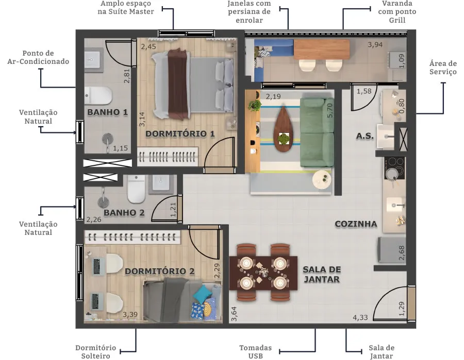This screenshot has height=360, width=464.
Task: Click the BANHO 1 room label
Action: coord(107,112)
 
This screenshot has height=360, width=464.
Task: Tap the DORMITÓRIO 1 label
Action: coord(180,134)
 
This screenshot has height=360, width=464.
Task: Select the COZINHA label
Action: coord(356,224)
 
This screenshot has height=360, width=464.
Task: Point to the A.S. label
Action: coord(364,136)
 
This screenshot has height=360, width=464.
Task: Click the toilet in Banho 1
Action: coord(98,95)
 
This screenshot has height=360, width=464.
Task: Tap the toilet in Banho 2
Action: coord(137,188)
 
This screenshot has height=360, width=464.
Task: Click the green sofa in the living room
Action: coord(317,132)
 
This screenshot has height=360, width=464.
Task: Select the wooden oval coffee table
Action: coord(284,129)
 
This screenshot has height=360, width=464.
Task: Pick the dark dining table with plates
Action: coord(263,273)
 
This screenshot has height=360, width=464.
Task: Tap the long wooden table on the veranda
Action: coord(322,49)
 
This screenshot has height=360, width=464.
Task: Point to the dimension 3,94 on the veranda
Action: coord(375,45)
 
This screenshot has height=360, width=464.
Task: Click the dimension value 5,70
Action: coord(330,110)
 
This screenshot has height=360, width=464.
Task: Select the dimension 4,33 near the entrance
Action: coord(360,318)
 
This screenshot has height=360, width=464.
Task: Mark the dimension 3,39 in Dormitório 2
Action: coord(130,314)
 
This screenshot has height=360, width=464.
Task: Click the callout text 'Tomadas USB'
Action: coord(255,352)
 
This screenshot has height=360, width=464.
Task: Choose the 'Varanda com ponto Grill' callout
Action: coord(397,12)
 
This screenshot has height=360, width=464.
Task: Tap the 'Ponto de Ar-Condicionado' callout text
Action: coord(38,57)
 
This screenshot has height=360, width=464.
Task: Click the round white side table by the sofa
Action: coord(322,180)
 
